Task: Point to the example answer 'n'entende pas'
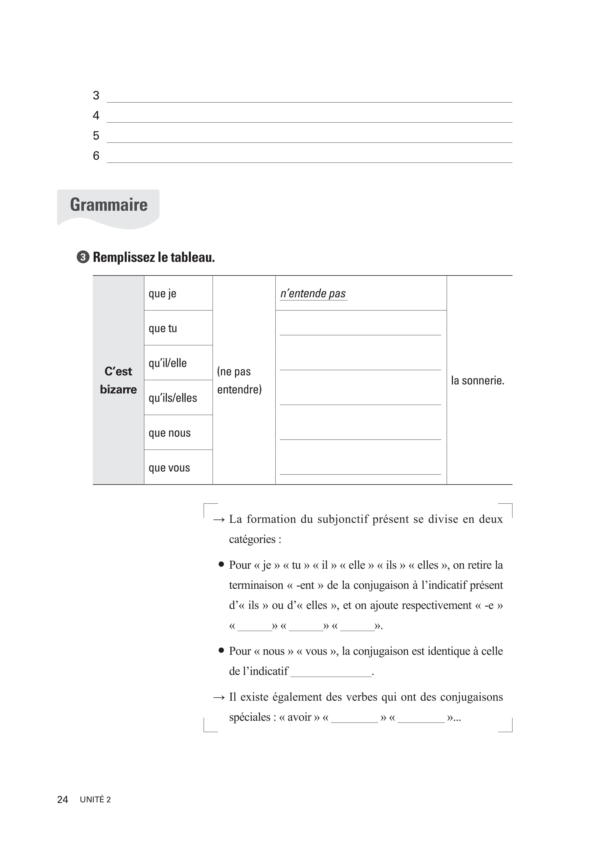point(313,294)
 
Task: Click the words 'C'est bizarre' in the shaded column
point(118,380)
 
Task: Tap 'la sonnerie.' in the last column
point(478,380)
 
